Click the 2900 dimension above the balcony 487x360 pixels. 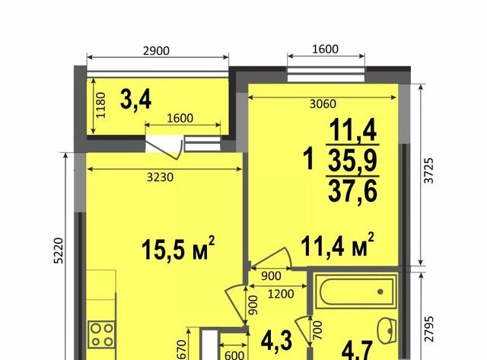[156, 50]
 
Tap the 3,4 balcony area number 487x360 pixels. [135, 100]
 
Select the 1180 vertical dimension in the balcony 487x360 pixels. [101, 105]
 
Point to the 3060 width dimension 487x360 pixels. [323, 104]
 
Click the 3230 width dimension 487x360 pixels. [160, 177]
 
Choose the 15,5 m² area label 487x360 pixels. [178, 248]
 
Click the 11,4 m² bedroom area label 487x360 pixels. [337, 245]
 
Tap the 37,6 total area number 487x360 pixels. [352, 191]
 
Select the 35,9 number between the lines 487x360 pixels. [352, 161]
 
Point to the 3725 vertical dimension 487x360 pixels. [428, 170]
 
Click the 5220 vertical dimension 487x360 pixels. [59, 250]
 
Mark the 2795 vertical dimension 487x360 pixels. [429, 329]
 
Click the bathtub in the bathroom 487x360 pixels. [355, 292]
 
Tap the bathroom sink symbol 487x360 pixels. [387, 331]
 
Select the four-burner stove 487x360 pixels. [101, 335]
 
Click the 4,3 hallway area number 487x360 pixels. [276, 341]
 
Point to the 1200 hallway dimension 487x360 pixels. [281, 294]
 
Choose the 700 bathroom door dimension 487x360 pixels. [318, 330]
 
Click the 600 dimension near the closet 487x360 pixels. [234, 355]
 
